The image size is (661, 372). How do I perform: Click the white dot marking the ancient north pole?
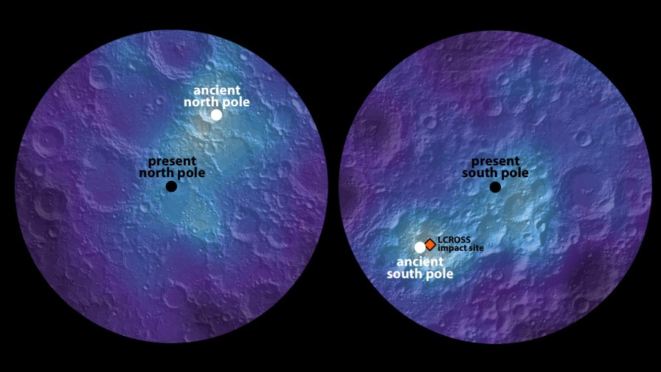(x=216, y=114)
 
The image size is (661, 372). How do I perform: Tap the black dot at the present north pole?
(x=171, y=187)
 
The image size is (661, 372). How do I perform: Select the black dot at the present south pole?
(x=495, y=187)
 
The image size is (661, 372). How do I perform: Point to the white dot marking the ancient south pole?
(x=420, y=247)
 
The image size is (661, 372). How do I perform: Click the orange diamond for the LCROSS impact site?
(x=430, y=244)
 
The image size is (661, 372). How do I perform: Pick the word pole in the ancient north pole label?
(x=235, y=102)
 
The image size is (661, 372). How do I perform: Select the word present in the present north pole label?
(x=172, y=161)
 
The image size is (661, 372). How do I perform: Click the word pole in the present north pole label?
(x=190, y=172)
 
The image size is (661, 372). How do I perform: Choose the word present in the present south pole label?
(x=495, y=161)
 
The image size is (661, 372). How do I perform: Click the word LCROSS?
(x=454, y=240)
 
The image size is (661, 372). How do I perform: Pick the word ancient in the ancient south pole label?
(x=420, y=262)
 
